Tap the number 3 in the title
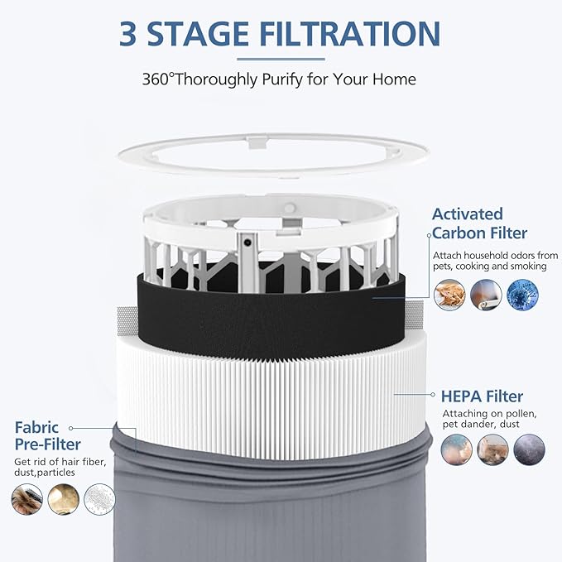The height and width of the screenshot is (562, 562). point(129,33)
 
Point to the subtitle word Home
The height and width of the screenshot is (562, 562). point(395,80)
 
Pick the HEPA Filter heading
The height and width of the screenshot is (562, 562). point(482,396)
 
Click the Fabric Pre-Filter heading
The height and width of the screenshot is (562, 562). point(47,436)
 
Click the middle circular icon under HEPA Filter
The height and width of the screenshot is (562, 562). point(492,449)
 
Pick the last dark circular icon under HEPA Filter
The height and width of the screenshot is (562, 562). point(529,449)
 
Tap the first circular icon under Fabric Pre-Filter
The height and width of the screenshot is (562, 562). point(27,499)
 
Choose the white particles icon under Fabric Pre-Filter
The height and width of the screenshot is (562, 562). point(100,499)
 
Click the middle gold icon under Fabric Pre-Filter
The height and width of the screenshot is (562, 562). point(64,499)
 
